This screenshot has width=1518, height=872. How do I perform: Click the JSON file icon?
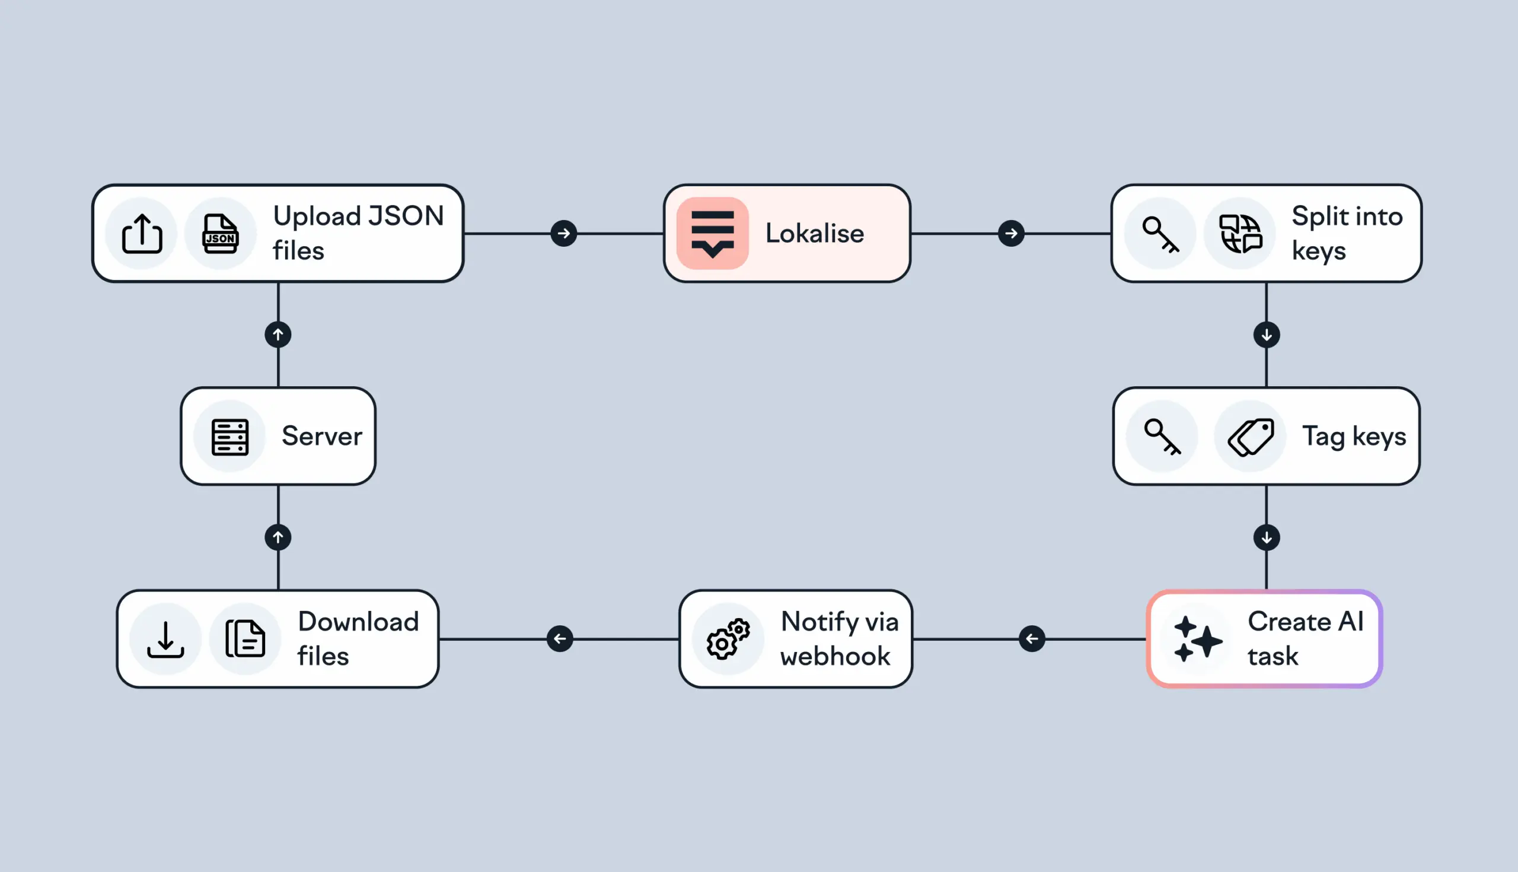220,234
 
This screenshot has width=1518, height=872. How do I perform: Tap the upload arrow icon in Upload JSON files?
142,234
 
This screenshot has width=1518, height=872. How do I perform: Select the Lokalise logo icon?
712,234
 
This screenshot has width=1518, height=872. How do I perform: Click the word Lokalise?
814,234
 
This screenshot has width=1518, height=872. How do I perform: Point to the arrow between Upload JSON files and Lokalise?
563,234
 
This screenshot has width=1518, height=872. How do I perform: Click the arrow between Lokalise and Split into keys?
1011,234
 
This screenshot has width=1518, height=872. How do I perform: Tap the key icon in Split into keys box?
1160,234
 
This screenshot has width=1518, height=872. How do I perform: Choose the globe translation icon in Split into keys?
1240,234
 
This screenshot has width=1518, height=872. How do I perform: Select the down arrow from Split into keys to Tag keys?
1267,335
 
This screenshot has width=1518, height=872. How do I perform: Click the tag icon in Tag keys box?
1251,437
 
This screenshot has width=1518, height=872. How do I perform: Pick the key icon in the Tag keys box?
1162,437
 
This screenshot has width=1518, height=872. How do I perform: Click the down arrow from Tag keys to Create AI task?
1267,537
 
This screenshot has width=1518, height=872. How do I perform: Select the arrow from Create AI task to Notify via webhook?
1032,639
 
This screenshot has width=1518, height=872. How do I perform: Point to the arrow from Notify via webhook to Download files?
560,639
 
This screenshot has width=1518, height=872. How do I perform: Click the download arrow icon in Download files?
166,639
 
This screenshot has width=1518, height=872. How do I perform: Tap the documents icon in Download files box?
245,639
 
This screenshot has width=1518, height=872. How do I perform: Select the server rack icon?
230,437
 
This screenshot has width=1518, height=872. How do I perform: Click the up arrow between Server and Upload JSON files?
278,335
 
